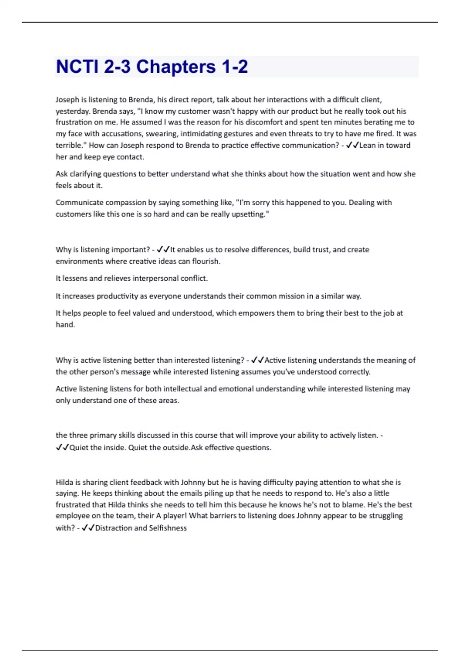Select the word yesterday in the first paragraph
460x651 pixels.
click(x=72, y=111)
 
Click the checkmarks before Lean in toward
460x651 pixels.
click(x=352, y=145)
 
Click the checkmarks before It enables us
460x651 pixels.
click(x=163, y=250)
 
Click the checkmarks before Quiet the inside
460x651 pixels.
click(x=62, y=447)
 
